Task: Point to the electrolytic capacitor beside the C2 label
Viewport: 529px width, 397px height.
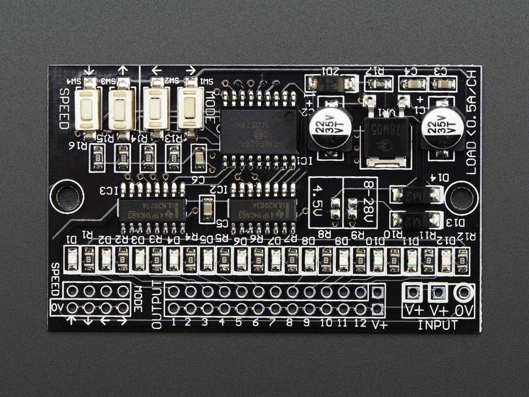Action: [327, 130]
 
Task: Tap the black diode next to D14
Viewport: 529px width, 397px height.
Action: [416, 194]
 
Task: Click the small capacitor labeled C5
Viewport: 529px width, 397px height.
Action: [207, 210]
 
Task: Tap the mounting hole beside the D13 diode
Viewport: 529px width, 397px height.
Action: [461, 198]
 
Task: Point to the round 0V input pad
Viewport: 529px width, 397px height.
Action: [464, 293]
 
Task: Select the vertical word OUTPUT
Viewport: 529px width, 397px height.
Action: [157, 305]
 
